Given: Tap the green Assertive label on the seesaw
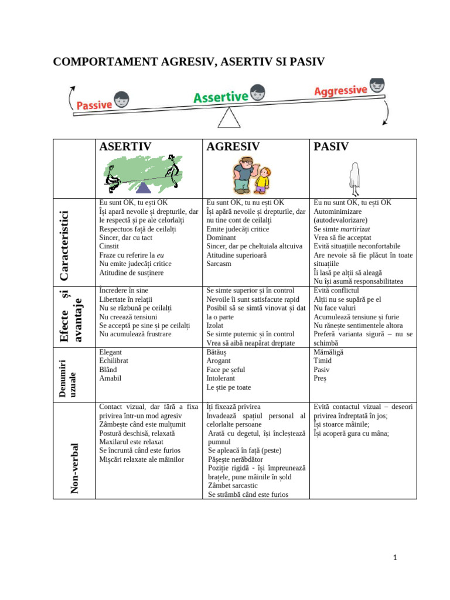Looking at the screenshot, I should (221, 96).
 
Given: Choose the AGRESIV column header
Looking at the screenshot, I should (233, 146).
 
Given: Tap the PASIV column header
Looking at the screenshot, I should (331, 146).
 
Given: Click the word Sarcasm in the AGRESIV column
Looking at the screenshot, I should (219, 264).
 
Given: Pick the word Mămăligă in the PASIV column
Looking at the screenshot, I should (329, 352).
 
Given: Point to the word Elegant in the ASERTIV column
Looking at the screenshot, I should (111, 352).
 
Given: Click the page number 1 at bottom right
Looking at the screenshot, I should (395, 558).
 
